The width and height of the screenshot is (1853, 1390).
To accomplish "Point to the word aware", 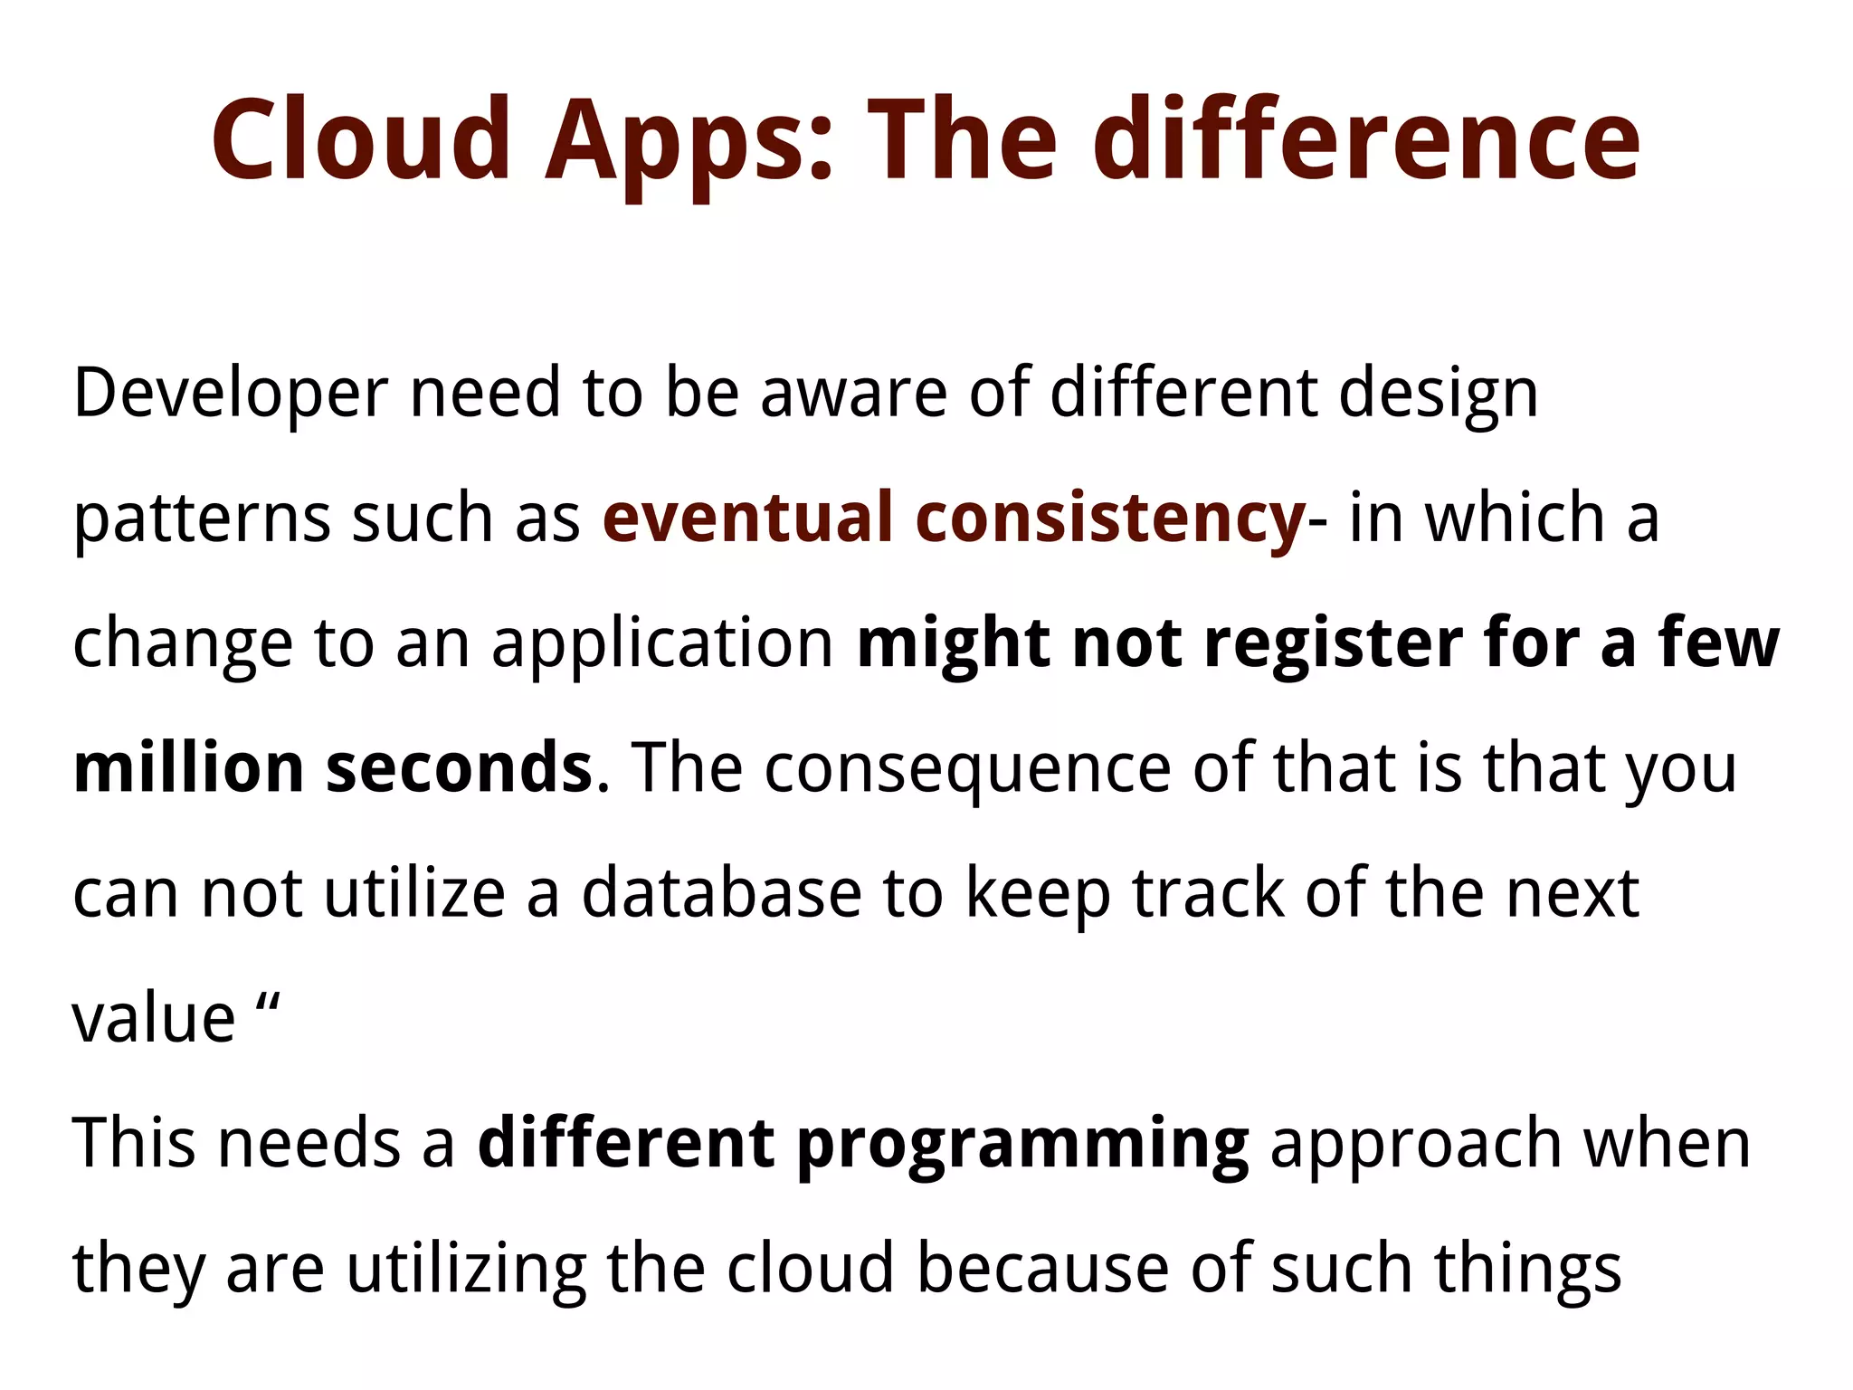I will pos(853,395).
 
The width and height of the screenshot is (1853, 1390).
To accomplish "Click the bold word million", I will pos(188,769).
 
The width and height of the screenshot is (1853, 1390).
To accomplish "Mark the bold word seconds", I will pos(459,769).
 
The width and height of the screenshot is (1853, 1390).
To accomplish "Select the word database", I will pos(721,894).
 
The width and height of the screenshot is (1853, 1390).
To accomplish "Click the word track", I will pos(1207,894).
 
